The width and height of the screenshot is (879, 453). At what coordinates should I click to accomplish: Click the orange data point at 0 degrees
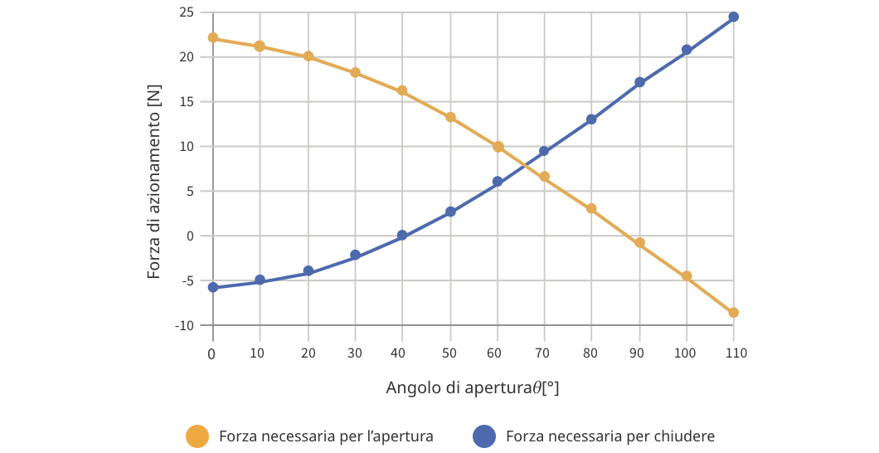tap(213, 38)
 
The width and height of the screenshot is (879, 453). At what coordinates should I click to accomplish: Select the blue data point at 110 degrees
tap(733, 17)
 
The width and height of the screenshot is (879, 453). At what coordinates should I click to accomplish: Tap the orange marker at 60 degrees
tap(498, 147)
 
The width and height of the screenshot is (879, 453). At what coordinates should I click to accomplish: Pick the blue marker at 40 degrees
tap(402, 236)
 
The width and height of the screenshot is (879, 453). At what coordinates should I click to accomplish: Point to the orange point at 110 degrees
tap(733, 313)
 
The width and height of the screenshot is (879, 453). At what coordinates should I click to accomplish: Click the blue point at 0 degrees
tap(213, 288)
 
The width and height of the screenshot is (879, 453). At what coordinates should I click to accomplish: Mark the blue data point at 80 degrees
tap(591, 119)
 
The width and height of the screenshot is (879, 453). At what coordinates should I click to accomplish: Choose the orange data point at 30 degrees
tap(355, 73)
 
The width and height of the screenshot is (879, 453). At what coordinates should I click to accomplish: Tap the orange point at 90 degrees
tap(639, 243)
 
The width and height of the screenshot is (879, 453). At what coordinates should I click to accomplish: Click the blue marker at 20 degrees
tap(308, 271)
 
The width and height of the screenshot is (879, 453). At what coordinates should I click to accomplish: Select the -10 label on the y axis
tap(183, 326)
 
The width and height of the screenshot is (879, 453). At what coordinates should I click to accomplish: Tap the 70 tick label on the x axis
tap(544, 353)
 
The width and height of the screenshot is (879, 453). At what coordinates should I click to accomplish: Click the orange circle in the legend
tap(197, 436)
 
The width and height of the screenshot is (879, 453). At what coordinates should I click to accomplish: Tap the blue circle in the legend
tap(483, 436)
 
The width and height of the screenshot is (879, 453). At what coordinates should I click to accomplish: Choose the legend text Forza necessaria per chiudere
tap(609, 436)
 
